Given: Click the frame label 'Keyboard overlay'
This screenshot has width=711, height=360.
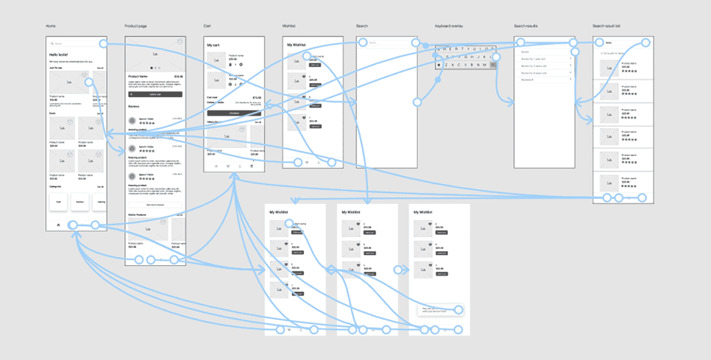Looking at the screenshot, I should click(449, 26).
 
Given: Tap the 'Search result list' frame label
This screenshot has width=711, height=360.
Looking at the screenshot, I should click(606, 26).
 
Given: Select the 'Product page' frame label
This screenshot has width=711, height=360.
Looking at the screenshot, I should click(136, 26).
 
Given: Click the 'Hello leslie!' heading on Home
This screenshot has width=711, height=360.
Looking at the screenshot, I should click(58, 54).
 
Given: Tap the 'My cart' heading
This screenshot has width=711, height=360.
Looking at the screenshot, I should click(214, 45).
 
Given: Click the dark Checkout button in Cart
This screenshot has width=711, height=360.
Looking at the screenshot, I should click(233, 112).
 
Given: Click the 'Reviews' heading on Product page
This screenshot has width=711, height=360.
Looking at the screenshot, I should click(134, 107).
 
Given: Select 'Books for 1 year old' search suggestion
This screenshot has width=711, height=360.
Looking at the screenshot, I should click(536, 58).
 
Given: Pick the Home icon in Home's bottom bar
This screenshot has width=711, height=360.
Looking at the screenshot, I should click(58, 224).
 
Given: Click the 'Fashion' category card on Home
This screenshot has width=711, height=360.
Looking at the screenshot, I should click(79, 202).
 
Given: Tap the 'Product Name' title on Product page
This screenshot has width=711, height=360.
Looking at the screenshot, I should click(139, 77).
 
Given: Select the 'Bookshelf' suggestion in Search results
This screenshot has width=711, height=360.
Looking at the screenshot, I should click(528, 79).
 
